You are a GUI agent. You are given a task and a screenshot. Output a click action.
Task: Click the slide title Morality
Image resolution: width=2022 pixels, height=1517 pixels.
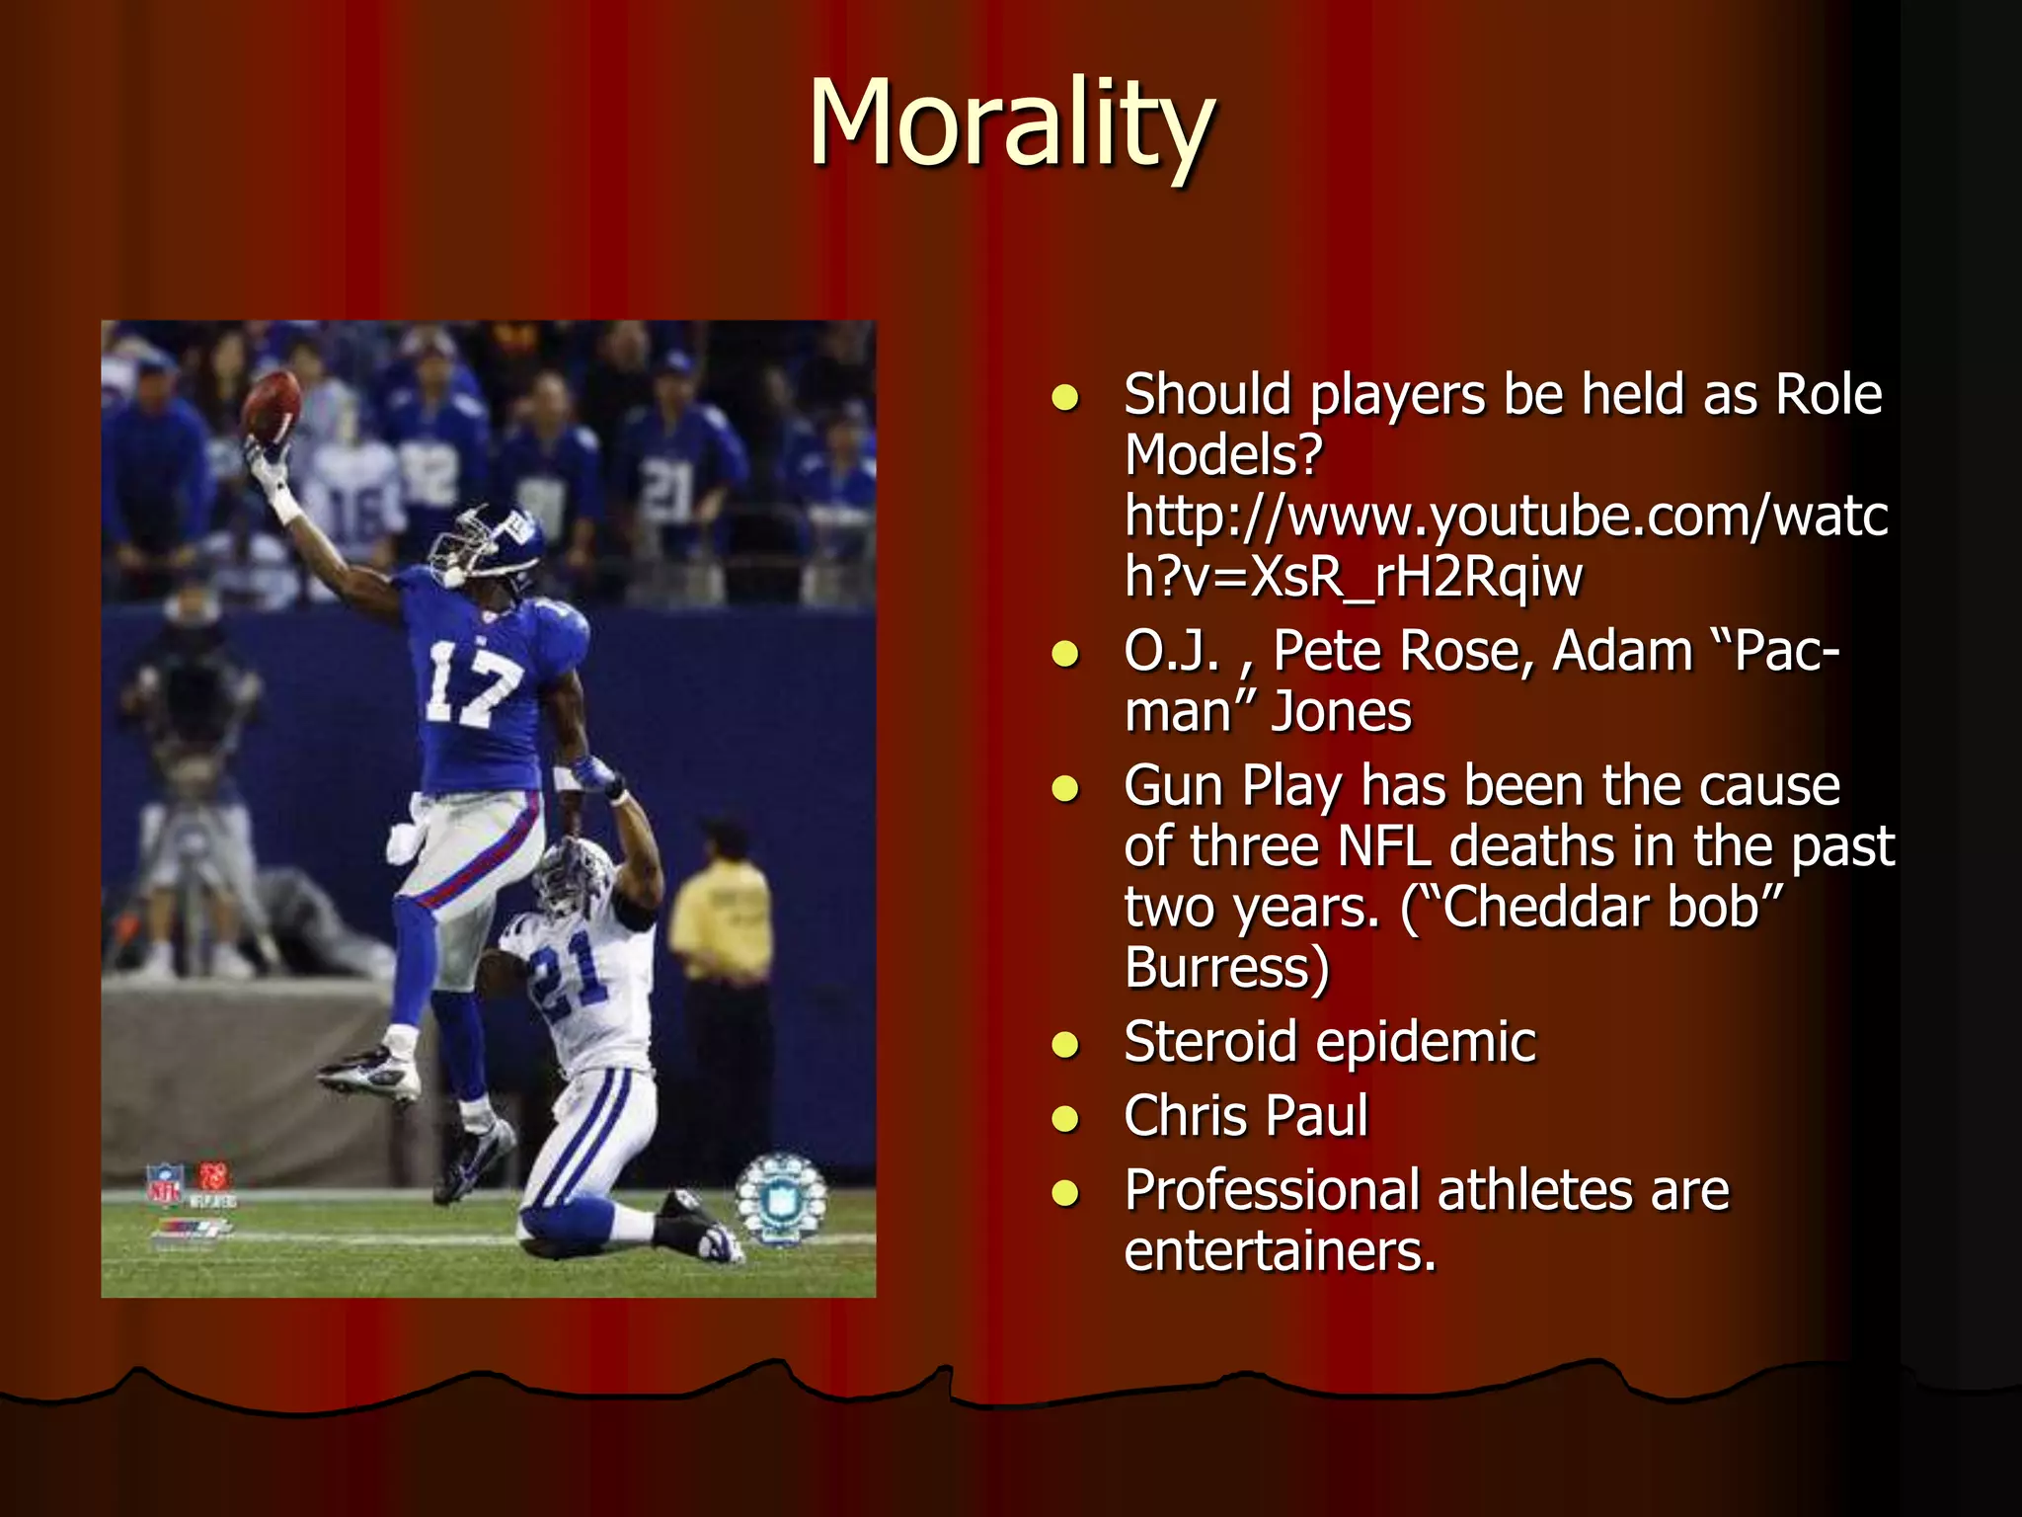[1011, 125]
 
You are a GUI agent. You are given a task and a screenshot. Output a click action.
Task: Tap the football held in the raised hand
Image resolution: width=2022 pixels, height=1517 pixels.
[272, 406]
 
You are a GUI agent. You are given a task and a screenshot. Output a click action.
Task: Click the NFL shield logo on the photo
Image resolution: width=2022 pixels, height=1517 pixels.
[164, 1184]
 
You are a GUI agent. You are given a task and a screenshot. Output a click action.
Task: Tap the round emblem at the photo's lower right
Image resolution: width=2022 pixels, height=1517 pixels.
[780, 1199]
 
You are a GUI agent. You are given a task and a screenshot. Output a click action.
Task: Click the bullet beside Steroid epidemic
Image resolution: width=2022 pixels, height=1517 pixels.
[1065, 1045]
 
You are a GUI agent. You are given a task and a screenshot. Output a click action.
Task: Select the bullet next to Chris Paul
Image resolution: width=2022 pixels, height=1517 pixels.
[1065, 1119]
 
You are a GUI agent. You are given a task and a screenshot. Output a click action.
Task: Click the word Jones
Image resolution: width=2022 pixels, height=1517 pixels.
[1342, 712]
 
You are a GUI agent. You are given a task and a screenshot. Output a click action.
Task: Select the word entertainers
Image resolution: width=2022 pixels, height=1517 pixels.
[1280, 1251]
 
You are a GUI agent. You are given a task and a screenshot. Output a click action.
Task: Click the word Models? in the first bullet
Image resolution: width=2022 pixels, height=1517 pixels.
[1223, 455]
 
